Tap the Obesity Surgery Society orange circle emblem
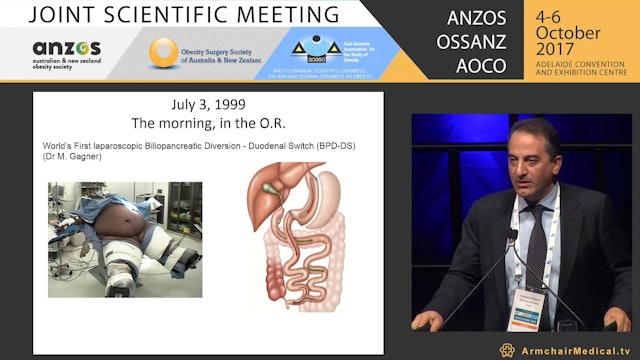164,52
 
